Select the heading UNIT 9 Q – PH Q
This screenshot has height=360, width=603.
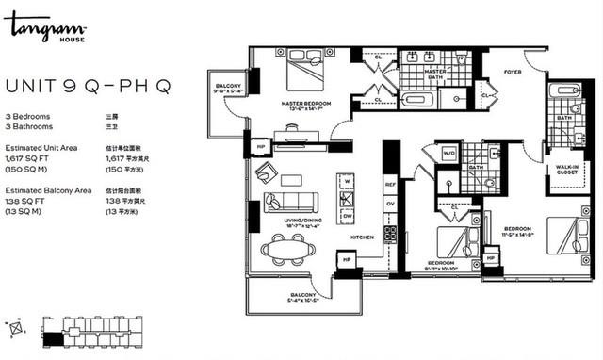pyautogui.click(x=88, y=87)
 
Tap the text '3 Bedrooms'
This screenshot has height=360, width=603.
pyautogui.click(x=27, y=115)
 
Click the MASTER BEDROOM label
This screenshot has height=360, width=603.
pyautogui.click(x=303, y=103)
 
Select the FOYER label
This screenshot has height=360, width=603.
pyautogui.click(x=512, y=71)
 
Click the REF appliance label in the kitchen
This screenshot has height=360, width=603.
pyautogui.click(x=388, y=186)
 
